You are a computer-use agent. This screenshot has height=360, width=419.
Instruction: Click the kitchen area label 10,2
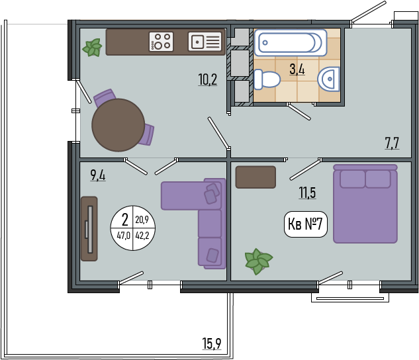[x=208, y=79]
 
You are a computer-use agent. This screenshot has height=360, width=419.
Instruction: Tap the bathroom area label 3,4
[x=297, y=69]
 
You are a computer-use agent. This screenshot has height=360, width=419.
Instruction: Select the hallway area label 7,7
[x=392, y=143]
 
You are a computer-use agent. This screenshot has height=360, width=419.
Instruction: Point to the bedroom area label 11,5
[x=307, y=193]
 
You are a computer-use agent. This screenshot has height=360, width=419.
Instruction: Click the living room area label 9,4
[x=98, y=175]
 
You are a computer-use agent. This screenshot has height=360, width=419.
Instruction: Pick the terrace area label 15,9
[x=212, y=343]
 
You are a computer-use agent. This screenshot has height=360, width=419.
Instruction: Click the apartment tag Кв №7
[x=305, y=224]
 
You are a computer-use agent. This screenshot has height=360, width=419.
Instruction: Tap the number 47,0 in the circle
[x=124, y=236]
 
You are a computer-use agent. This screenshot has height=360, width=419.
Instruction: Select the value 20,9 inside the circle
[x=142, y=220]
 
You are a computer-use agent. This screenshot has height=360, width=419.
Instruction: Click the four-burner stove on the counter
[x=161, y=42]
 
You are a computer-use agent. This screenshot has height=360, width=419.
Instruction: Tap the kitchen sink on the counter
[x=205, y=42]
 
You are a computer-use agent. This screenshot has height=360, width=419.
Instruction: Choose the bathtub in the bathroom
[x=291, y=42]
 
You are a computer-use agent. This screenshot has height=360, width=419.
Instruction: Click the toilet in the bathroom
[x=267, y=79]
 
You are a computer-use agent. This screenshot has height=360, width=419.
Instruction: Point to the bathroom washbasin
[x=328, y=79]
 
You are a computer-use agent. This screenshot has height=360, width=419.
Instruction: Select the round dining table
[x=118, y=125]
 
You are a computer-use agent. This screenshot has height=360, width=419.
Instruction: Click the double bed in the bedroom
[x=365, y=204]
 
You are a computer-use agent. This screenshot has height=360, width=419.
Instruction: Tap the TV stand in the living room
[x=89, y=229]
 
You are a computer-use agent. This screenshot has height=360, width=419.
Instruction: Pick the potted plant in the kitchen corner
[x=93, y=48]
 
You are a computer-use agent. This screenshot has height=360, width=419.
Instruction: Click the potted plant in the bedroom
[x=258, y=261]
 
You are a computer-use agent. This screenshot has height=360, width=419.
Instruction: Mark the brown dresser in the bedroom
[x=256, y=177]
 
